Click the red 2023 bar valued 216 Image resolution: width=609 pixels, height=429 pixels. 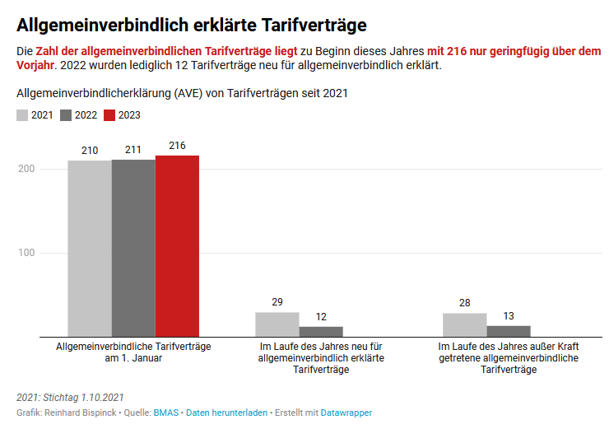(x=177, y=246)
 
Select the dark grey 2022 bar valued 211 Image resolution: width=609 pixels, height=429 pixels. (x=133, y=248)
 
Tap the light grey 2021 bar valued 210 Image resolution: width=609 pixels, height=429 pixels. (x=90, y=249)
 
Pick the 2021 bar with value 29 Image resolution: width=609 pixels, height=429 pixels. (x=277, y=324)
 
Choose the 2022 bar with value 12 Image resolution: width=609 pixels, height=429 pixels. (x=321, y=332)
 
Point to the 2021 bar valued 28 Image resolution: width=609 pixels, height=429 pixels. (x=464, y=325)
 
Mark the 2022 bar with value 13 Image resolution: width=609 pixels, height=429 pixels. (x=509, y=331)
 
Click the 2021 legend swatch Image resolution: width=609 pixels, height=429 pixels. (x=22, y=115)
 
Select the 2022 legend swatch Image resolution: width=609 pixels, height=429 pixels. (x=66, y=115)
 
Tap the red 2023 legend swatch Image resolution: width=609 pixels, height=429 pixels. (x=109, y=115)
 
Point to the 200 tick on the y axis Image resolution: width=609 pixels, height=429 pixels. (x=26, y=169)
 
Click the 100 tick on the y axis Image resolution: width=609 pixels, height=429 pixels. (x=26, y=253)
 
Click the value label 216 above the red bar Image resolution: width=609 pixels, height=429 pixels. (x=177, y=146)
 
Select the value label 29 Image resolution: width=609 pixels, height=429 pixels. (x=277, y=303)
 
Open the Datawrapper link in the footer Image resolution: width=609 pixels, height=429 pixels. (x=346, y=412)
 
